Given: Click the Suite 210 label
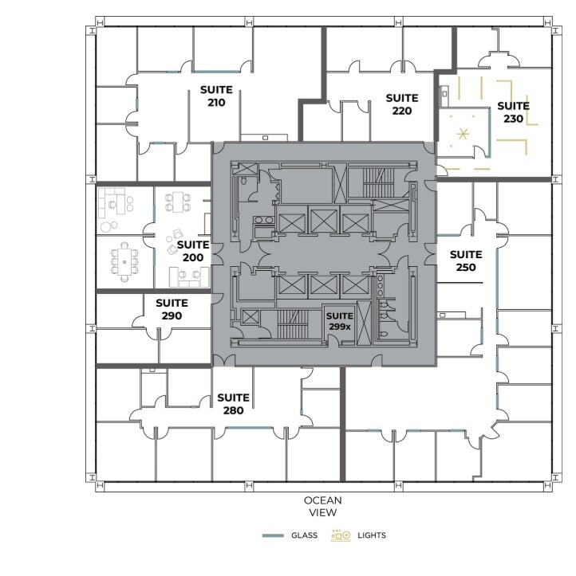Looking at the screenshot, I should click(217, 96).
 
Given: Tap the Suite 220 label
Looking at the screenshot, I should click(402, 104).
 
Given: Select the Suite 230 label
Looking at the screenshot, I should click(513, 112).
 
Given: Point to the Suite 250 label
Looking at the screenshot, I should click(466, 261).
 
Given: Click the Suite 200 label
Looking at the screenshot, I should click(192, 251).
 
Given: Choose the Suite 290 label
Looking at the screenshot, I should click(172, 309).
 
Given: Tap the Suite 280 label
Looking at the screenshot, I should click(233, 404).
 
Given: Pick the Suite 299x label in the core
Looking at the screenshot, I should click(340, 321).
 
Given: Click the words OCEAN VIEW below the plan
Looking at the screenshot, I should click(322, 507).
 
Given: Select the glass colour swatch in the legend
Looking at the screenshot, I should click(273, 535).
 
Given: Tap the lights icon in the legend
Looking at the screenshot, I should click(341, 535).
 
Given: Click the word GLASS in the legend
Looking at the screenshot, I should click(305, 535).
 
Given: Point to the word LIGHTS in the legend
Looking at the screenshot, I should click(372, 535).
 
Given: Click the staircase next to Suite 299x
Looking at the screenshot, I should click(292, 324).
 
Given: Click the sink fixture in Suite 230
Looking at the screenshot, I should click(444, 93).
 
